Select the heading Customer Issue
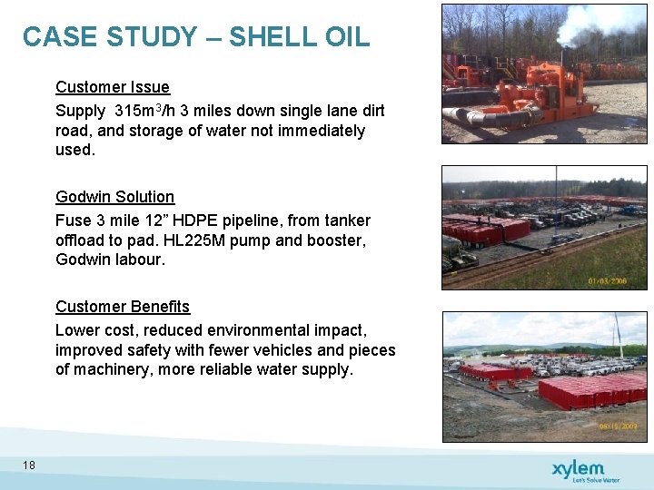(x=113, y=87)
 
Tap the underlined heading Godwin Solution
(x=114, y=197)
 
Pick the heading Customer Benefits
(x=123, y=307)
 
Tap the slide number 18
(x=29, y=465)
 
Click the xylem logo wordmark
(x=577, y=468)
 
